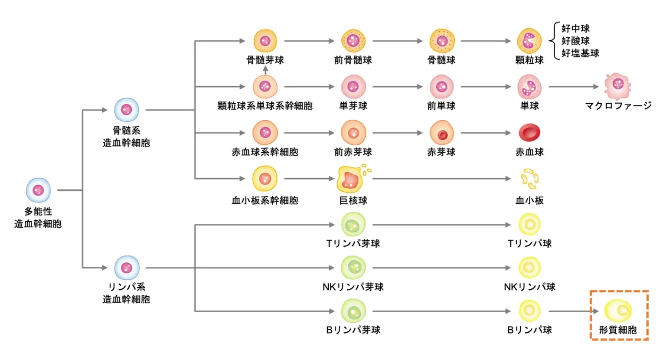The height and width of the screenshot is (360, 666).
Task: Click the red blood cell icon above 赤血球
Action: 529,133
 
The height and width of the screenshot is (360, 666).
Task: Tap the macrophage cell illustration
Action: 617,85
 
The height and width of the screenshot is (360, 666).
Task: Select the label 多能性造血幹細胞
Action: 38,218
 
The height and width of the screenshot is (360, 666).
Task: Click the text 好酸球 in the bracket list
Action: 575,41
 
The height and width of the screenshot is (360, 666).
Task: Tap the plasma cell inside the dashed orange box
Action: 618,311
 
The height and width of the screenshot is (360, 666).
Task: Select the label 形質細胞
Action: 618,330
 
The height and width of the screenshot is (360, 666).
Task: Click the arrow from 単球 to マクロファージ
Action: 573,87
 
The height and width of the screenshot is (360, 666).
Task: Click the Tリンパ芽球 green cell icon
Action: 353,225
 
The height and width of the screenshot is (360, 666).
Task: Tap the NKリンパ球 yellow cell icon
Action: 529,267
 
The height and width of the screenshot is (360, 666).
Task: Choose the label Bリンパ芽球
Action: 353,330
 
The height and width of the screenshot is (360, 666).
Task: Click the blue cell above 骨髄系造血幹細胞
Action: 126,110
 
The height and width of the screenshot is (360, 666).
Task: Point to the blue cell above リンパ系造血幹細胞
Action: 126,268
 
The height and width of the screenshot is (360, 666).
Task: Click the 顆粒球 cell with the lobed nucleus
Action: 529,41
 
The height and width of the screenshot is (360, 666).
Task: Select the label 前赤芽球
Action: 353,152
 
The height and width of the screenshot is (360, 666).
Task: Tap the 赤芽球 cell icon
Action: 441,133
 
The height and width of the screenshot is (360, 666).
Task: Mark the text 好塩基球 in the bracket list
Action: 580,53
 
